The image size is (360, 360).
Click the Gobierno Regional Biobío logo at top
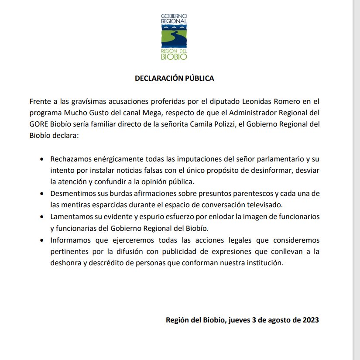[x=174, y=37]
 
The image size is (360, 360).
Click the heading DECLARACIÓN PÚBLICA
[x=174, y=79]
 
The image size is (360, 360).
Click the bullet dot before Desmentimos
[x=41, y=193]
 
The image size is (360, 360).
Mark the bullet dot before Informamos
[x=41, y=240]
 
